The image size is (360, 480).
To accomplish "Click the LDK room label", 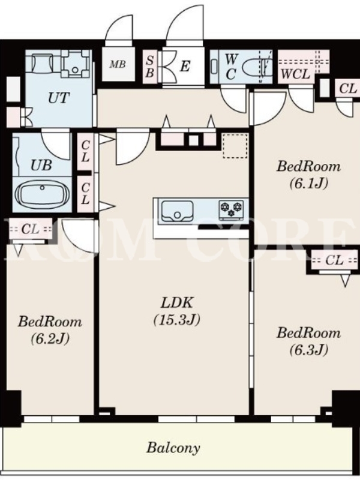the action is pyautogui.click(x=177, y=303).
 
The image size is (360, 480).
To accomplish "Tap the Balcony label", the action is pyautogui.click(x=173, y=448).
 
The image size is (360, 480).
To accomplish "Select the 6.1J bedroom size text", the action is pyautogui.click(x=309, y=183).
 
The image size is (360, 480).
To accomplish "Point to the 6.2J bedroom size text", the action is pyautogui.click(x=50, y=338).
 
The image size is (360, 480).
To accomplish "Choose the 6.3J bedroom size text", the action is pyautogui.click(x=309, y=349).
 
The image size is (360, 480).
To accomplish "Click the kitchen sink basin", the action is pyautogui.click(x=177, y=211).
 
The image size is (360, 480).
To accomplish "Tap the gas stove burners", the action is pyautogui.click(x=231, y=209).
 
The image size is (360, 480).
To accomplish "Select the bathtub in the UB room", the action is pyautogui.click(x=42, y=194).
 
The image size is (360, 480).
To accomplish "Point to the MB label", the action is pyautogui.click(x=118, y=64).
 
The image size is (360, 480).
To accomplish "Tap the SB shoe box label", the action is pyautogui.click(x=149, y=67).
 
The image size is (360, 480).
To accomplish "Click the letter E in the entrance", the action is pyautogui.click(x=185, y=66).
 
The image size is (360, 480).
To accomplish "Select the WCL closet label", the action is pyautogui.click(x=295, y=74).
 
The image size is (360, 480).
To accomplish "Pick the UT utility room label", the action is pyautogui.click(x=59, y=98).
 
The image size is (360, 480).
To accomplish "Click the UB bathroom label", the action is pyautogui.click(x=41, y=166).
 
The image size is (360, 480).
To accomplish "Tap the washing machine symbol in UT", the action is pyautogui.click(x=76, y=64).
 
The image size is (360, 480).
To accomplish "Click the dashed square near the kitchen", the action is pyautogui.click(x=235, y=146).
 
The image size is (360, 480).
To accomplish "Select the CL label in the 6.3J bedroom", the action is pyautogui.click(x=334, y=260).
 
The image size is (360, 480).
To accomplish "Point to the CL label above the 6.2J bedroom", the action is pyautogui.click(x=30, y=229).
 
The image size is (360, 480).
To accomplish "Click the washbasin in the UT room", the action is pyautogui.click(x=42, y=63).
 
